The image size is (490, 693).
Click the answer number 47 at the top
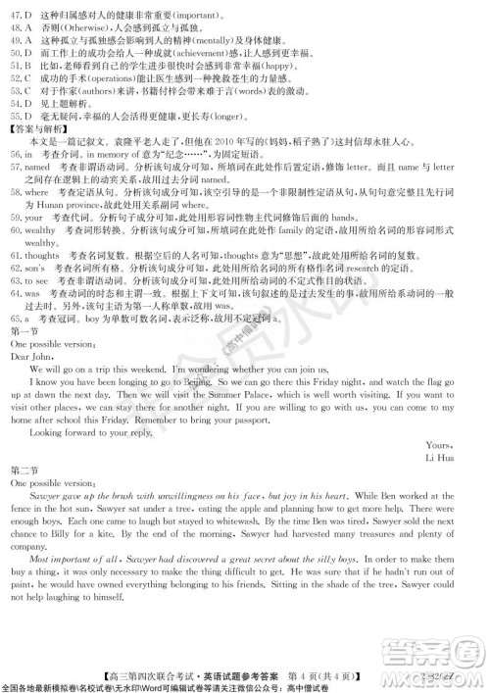point(14,17)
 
